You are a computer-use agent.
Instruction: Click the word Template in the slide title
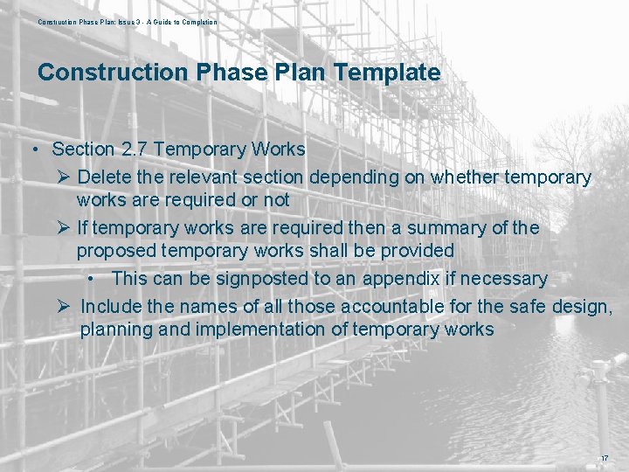click(390, 73)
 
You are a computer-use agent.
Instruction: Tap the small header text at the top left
click(128, 22)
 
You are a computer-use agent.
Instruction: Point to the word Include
click(112, 306)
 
